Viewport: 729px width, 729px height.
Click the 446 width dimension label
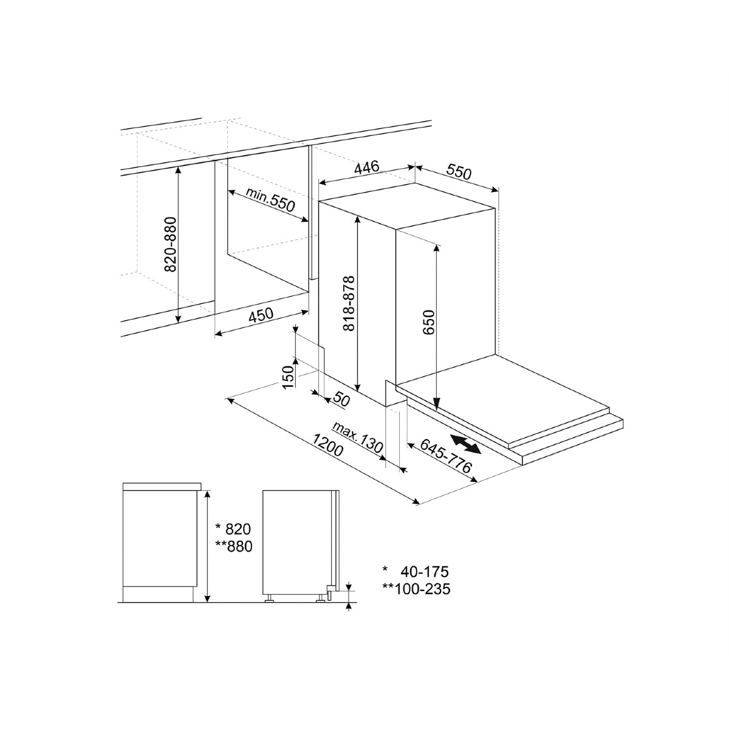(x=366, y=167)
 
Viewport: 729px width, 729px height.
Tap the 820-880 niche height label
(x=171, y=244)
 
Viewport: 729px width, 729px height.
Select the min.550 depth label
(x=270, y=199)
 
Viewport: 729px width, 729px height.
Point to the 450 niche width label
(x=261, y=315)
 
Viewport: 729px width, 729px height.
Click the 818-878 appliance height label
(x=349, y=303)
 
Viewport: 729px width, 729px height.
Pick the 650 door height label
(x=429, y=322)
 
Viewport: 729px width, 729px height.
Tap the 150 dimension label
(x=289, y=377)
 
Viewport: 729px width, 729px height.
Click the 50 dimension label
(x=341, y=400)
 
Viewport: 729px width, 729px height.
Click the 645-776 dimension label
(x=446, y=456)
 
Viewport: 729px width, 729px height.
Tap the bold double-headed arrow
(x=465, y=443)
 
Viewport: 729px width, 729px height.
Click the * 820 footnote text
(x=233, y=529)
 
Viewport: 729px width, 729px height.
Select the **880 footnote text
(x=233, y=546)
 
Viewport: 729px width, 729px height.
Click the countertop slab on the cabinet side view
(x=162, y=487)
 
